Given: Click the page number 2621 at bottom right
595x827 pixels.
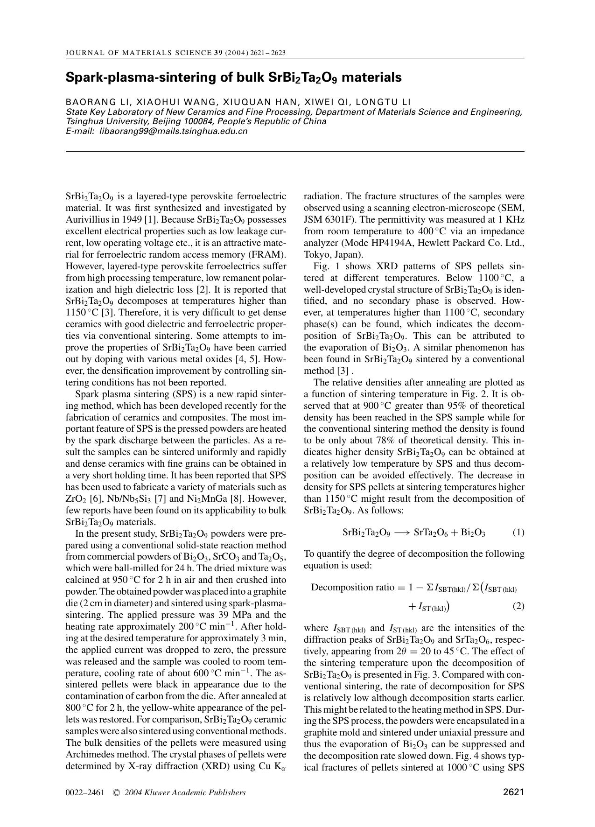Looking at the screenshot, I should click(514, 792).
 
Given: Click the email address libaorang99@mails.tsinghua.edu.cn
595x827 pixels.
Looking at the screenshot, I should click(174, 131).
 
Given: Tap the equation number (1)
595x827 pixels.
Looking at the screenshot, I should click(518, 533).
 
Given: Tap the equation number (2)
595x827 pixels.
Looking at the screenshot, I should click(518, 606).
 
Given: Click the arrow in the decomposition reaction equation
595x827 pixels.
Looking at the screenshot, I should click(402, 533).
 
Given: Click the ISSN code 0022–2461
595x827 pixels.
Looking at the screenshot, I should click(85, 792).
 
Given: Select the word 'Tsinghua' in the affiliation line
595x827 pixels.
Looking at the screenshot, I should click(83, 121).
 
